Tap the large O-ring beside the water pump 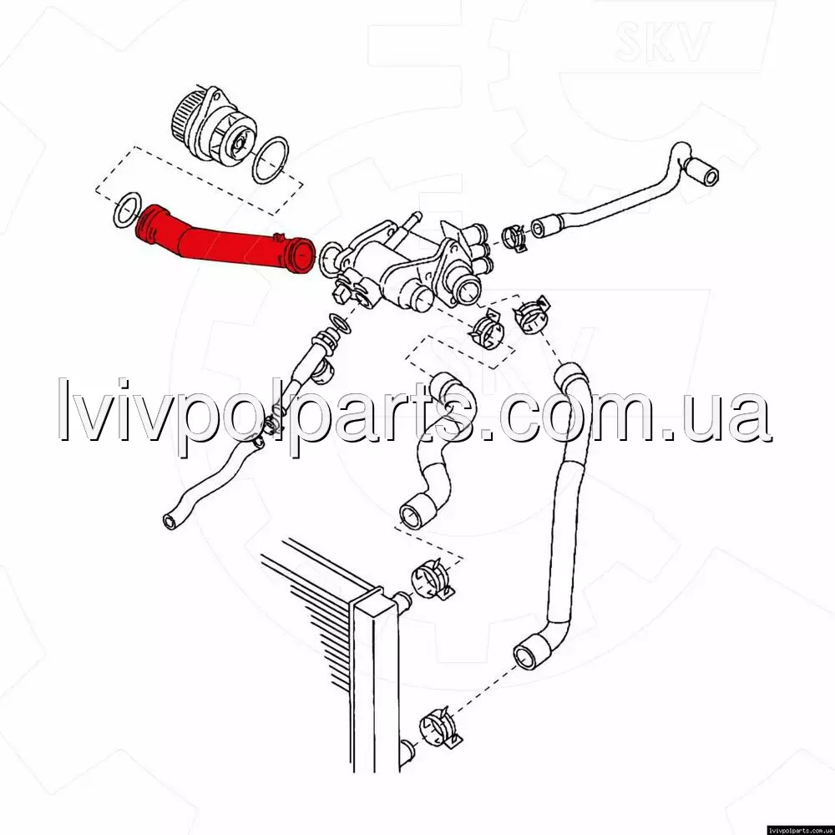[270, 159]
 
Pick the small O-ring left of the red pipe [127, 210]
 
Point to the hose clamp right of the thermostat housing [514, 238]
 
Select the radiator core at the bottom [330, 655]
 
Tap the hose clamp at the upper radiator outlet [433, 580]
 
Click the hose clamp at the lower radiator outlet [440, 728]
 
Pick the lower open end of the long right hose [525, 656]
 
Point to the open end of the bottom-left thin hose [170, 521]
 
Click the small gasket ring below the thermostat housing [340, 323]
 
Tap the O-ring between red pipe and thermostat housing [330, 259]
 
